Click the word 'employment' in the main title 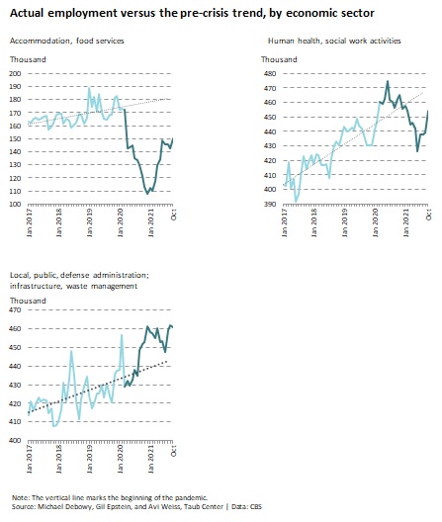click(x=83, y=14)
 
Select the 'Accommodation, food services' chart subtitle click(x=67, y=41)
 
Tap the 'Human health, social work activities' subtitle click(x=334, y=41)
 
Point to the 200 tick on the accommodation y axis click(x=15, y=73)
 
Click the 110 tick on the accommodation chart click(x=15, y=191)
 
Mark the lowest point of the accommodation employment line click(x=147, y=194)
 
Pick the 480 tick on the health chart click(x=270, y=73)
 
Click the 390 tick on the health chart click(x=270, y=204)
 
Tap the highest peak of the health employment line click(x=388, y=81)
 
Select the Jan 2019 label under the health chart click(x=345, y=222)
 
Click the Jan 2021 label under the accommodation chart click(x=151, y=222)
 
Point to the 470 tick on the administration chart click(x=15, y=309)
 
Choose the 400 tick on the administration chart click(x=15, y=440)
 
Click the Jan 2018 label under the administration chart click(x=59, y=459)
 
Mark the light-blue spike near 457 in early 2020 click(x=122, y=335)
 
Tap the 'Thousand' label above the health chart click(x=279, y=59)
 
